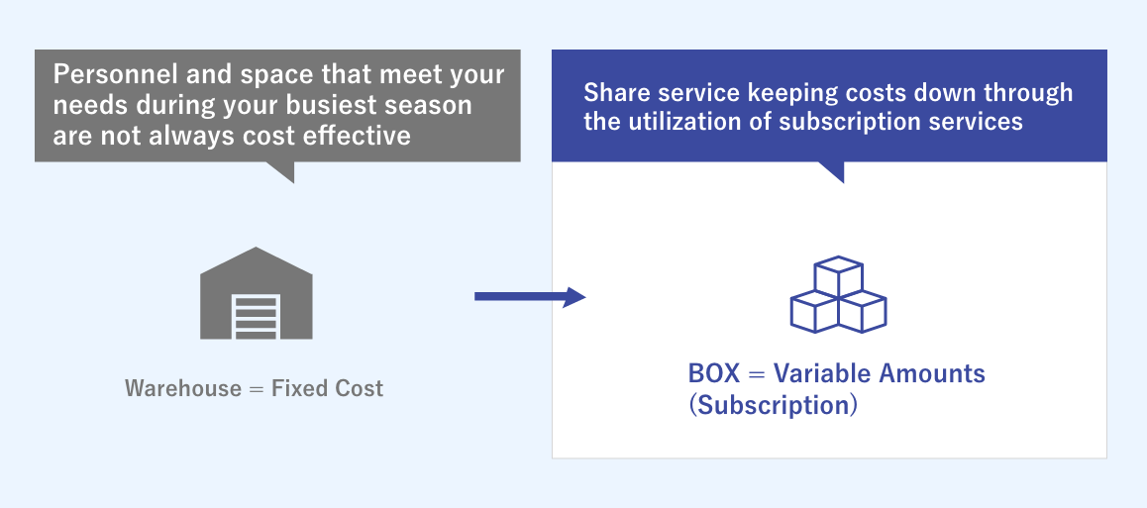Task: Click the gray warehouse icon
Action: pos(257,294)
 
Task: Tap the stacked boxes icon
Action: pos(838,295)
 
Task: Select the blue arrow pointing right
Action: pos(530,296)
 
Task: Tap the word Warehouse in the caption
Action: pos(183,388)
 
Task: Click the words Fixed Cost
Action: pos(328,388)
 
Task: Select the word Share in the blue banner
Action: pos(615,94)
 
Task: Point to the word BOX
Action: pos(713,374)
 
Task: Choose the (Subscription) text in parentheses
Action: pos(773,406)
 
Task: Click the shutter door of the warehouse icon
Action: pos(257,314)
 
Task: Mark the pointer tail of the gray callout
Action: pos(282,171)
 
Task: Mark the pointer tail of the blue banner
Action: pos(831,171)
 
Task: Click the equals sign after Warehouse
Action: pos(257,388)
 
